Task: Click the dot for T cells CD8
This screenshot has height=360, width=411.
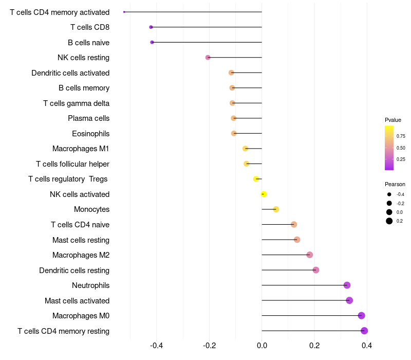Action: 151,27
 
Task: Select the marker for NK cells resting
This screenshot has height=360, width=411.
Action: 208,58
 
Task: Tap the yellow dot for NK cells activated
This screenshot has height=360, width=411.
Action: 264,194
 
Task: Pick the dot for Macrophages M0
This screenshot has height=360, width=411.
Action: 362,315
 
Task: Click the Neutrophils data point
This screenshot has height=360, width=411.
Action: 347,285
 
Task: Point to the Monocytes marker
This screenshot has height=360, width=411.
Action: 276,209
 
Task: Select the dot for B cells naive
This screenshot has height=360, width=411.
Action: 152,42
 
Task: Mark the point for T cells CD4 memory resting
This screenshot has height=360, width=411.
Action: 364,331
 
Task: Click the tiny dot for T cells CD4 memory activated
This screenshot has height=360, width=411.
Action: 124,12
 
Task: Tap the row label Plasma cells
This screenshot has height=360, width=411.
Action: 88,118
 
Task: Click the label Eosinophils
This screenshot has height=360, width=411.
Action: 91,134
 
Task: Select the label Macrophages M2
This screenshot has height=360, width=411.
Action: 81,255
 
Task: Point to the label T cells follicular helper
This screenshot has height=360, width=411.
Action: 72,164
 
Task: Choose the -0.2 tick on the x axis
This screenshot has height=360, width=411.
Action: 210,346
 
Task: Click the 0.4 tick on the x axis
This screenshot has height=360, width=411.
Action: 367,346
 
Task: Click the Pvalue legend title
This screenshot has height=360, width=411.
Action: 393,120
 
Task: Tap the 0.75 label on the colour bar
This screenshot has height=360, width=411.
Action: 401,136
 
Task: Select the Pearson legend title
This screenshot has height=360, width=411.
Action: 395,184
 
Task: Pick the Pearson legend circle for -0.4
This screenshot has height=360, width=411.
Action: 389,194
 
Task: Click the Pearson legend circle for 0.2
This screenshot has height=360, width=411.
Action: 389,221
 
